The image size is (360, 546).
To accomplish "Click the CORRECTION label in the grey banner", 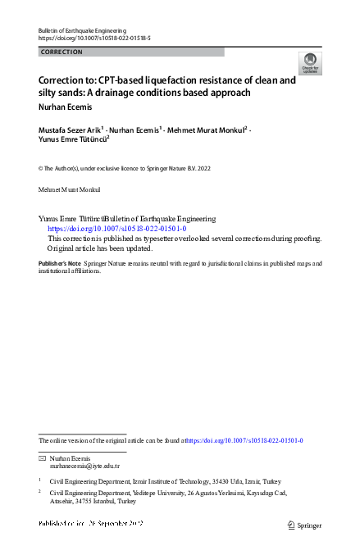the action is click(62, 52).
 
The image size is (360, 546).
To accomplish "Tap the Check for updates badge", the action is click(310, 64).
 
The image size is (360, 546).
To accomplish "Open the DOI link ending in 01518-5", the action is click(94, 39).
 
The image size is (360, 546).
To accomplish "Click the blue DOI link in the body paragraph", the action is click(122, 229).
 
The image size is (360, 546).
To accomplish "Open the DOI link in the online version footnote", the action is click(246, 440).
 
